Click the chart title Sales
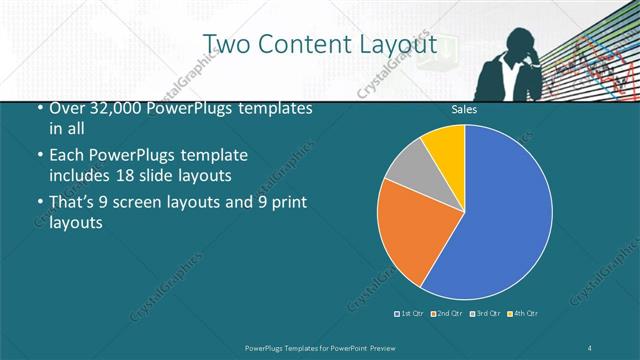tap(463, 109)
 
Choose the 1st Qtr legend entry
tap(408, 314)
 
